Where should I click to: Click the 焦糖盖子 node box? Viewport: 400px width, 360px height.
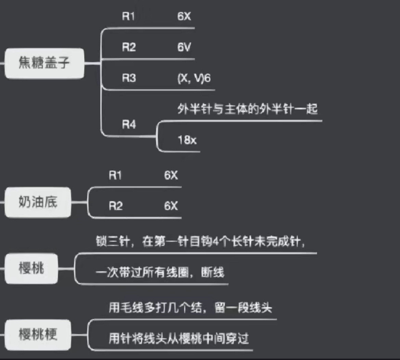(44, 64)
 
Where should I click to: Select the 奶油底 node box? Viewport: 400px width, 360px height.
(38, 202)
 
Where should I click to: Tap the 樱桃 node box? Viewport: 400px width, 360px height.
(31, 268)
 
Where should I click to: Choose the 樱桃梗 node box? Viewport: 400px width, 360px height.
(38, 334)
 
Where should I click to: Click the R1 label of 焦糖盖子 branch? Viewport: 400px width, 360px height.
(129, 16)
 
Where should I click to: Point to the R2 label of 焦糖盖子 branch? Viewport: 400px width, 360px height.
(129, 47)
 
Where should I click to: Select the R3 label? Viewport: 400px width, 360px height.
(129, 78)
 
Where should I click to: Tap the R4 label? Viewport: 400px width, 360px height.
(129, 125)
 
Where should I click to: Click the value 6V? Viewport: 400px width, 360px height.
(184, 47)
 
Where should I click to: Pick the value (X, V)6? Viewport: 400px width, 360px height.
(194, 78)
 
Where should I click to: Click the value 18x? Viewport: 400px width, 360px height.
(187, 140)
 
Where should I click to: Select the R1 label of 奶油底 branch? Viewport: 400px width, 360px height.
(115, 176)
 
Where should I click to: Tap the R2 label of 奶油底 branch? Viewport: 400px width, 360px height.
(116, 206)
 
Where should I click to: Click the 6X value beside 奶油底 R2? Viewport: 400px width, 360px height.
(171, 206)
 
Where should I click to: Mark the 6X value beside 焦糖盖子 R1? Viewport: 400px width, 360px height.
(184, 16)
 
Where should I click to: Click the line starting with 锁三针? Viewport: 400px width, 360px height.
(200, 242)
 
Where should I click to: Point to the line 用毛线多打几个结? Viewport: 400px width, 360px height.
(190, 308)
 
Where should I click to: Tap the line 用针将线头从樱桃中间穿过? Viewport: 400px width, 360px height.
(178, 338)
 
